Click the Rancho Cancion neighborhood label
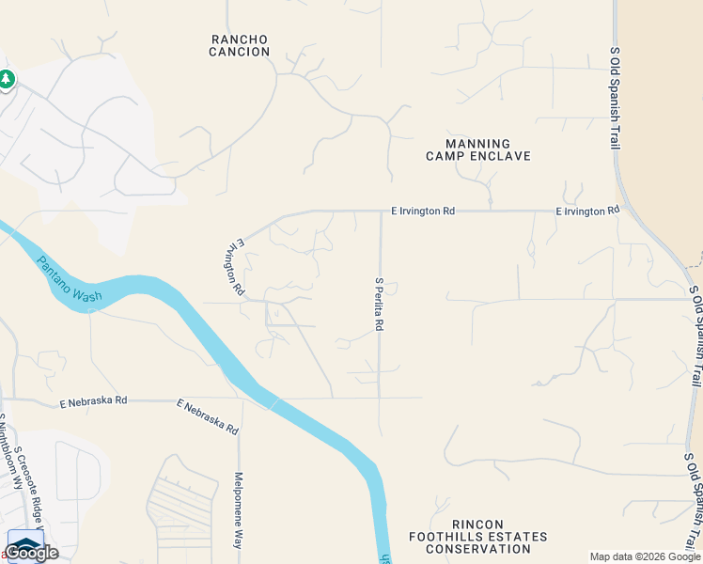[240, 45]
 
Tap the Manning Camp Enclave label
[478, 149]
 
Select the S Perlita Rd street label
[380, 304]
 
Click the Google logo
[32, 552]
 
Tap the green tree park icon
[7, 80]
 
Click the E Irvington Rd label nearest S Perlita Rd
[422, 211]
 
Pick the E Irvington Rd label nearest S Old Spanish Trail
[587, 211]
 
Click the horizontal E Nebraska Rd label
[92, 401]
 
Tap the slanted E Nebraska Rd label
[208, 416]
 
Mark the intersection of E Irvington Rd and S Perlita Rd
[381, 211]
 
